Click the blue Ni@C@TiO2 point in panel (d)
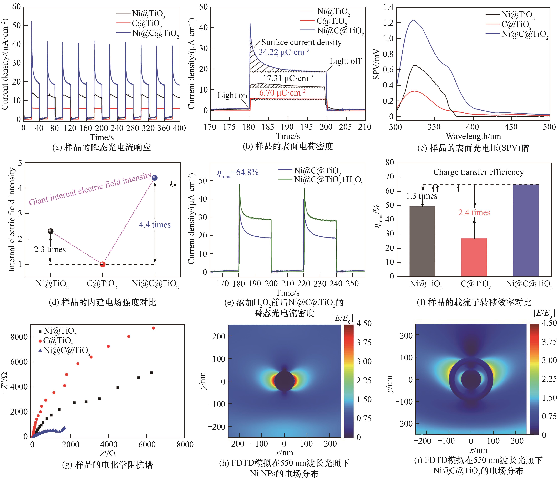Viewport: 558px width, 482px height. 155,178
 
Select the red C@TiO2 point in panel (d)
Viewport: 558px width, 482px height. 103,264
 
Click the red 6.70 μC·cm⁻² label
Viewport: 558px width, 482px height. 282,93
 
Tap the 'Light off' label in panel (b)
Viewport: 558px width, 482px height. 345,61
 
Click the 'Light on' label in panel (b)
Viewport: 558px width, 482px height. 232,95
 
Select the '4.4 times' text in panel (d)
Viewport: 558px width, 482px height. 155,225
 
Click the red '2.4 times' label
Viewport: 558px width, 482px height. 474,213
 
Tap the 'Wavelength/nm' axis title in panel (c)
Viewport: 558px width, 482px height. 473,136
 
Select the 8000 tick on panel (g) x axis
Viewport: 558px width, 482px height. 185,445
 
